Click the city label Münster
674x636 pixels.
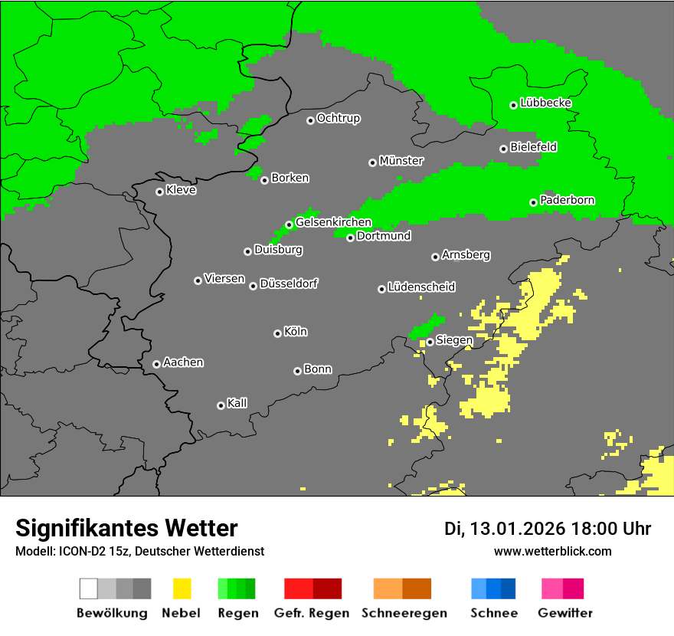[x=401, y=161]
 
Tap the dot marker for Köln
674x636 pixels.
[x=277, y=333]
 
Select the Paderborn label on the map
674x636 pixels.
[x=567, y=200]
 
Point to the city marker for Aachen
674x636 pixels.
[x=156, y=364]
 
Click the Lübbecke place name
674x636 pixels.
[x=545, y=103]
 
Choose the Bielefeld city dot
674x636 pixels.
[x=503, y=149]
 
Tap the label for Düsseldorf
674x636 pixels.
[x=289, y=284]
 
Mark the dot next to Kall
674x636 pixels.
[x=221, y=405]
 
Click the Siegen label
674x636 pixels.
[x=454, y=340]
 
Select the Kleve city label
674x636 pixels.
[x=181, y=190]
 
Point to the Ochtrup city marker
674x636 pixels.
[x=310, y=120]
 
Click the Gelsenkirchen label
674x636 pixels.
[x=333, y=222]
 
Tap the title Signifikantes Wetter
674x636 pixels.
[x=126, y=528]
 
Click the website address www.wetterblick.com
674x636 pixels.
[x=552, y=551]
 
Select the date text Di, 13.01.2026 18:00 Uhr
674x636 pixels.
[x=548, y=529]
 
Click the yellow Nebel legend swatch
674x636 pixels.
[x=182, y=588]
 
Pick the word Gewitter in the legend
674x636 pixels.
[x=564, y=613]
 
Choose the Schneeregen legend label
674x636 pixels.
[x=403, y=613]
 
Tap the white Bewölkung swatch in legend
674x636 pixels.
[x=89, y=588]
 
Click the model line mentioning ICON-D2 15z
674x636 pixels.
[x=139, y=551]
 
